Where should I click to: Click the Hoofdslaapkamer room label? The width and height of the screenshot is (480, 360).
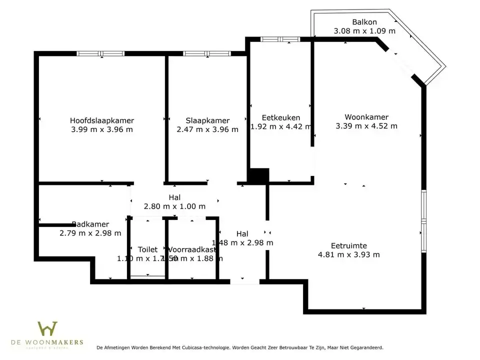pos(102,120)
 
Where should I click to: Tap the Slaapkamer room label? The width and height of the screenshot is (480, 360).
pos(207,120)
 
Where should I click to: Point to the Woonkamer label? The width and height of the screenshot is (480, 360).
pos(366,117)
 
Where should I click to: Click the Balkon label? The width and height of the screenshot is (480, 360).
pos(364,22)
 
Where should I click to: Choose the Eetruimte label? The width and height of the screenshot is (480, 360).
pos(349,245)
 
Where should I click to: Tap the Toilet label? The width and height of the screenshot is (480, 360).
pos(147,249)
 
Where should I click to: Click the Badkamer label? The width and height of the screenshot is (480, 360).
pos(90,224)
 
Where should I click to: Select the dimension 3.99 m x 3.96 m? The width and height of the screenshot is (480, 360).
pos(102,129)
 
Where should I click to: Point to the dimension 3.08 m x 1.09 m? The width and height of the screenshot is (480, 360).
pos(364,31)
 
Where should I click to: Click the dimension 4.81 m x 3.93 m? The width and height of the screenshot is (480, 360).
pos(349,254)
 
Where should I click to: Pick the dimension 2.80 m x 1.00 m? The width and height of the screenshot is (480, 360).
pos(174,206)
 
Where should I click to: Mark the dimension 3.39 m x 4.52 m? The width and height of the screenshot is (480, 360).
pos(366,126)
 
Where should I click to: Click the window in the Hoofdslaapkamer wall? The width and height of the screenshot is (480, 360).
pos(100,53)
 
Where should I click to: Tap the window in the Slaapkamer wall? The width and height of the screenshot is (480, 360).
pos(207,53)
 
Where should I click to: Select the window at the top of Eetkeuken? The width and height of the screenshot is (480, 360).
pos(280,39)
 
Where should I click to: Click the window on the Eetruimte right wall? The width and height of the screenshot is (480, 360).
pos(423,220)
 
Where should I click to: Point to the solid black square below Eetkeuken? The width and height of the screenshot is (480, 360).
pos(259,176)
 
